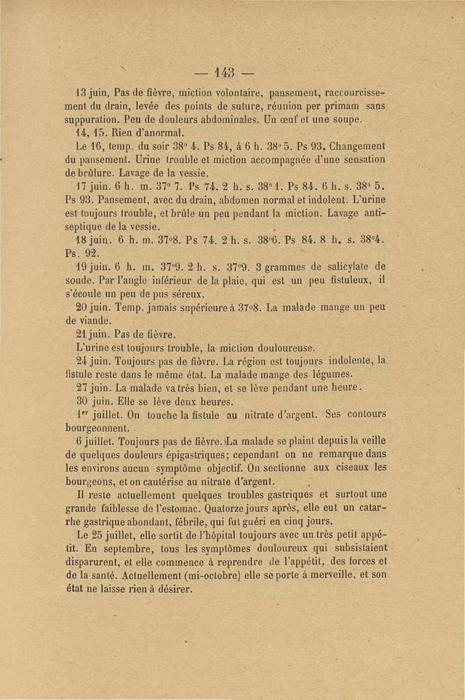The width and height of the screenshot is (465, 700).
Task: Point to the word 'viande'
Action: click(95, 321)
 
